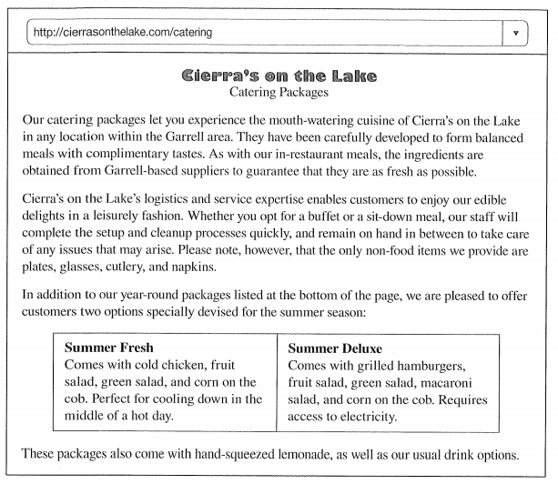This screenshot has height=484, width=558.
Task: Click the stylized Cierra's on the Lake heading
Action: click(x=279, y=75)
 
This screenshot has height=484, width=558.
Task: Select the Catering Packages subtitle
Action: click(x=279, y=92)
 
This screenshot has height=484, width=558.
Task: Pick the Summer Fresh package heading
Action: click(x=109, y=348)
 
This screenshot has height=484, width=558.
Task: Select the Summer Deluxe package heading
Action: click(x=337, y=348)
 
